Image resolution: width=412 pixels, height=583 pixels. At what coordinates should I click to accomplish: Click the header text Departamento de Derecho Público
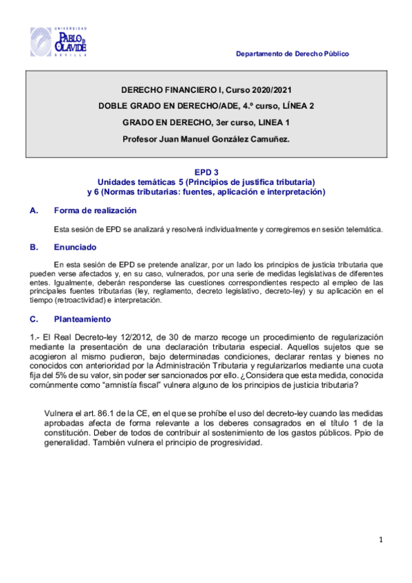pyautogui.click(x=292, y=54)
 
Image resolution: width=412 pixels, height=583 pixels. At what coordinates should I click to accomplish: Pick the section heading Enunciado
pyautogui.click(x=77, y=246)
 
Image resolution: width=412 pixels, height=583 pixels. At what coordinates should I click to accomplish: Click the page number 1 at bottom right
pyautogui.click(x=380, y=540)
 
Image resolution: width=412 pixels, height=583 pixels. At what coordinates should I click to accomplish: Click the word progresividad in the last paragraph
pyautogui.click(x=227, y=443)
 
